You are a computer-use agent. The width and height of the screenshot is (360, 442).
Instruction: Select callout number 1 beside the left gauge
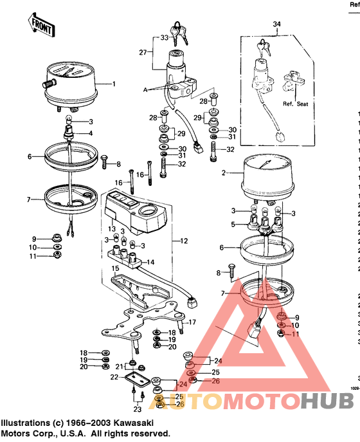114,84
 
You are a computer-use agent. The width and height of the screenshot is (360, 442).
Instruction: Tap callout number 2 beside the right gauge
223,172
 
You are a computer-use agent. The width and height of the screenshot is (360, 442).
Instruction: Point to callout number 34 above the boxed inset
277,25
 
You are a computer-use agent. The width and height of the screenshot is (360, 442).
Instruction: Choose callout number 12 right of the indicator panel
184,241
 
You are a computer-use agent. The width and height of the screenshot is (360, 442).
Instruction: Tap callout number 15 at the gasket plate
116,268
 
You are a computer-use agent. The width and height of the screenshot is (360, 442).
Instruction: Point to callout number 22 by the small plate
114,377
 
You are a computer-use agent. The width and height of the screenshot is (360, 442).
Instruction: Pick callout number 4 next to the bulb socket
91,133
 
